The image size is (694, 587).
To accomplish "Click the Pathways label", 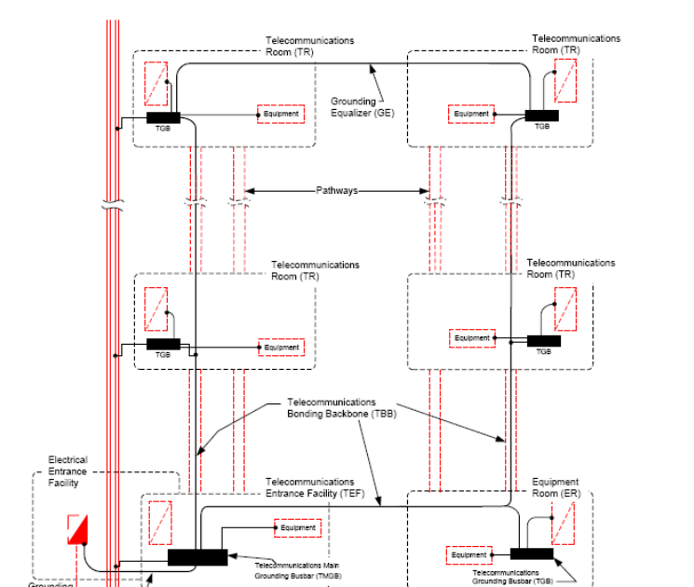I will pyautogui.click(x=336, y=190).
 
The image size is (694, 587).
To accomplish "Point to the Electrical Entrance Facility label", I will pyautogui.click(x=68, y=471).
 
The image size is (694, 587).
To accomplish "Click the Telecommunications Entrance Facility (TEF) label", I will pyautogui.click(x=309, y=487).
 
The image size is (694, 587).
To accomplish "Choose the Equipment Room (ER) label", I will pyautogui.click(x=554, y=487).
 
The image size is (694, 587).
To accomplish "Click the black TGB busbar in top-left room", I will pyautogui.click(x=162, y=117).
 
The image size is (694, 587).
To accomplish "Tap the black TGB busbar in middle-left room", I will pyautogui.click(x=163, y=344).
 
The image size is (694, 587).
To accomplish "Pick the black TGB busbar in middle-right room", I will pyautogui.click(x=544, y=341).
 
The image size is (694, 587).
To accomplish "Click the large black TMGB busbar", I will pyautogui.click(x=197, y=557).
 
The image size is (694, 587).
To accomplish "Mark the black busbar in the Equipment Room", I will pyautogui.click(x=531, y=553).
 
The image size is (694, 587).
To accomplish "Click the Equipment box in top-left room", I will pyautogui.click(x=280, y=115).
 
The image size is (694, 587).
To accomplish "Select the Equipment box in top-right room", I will pyautogui.click(x=471, y=115).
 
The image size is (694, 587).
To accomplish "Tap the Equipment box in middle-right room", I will pyautogui.click(x=471, y=338).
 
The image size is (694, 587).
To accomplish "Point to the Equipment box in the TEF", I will pyautogui.click(x=298, y=528).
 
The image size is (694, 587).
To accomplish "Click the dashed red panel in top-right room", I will pyautogui.click(x=565, y=81).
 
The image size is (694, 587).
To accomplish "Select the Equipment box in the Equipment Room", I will pyautogui.click(x=469, y=555).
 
